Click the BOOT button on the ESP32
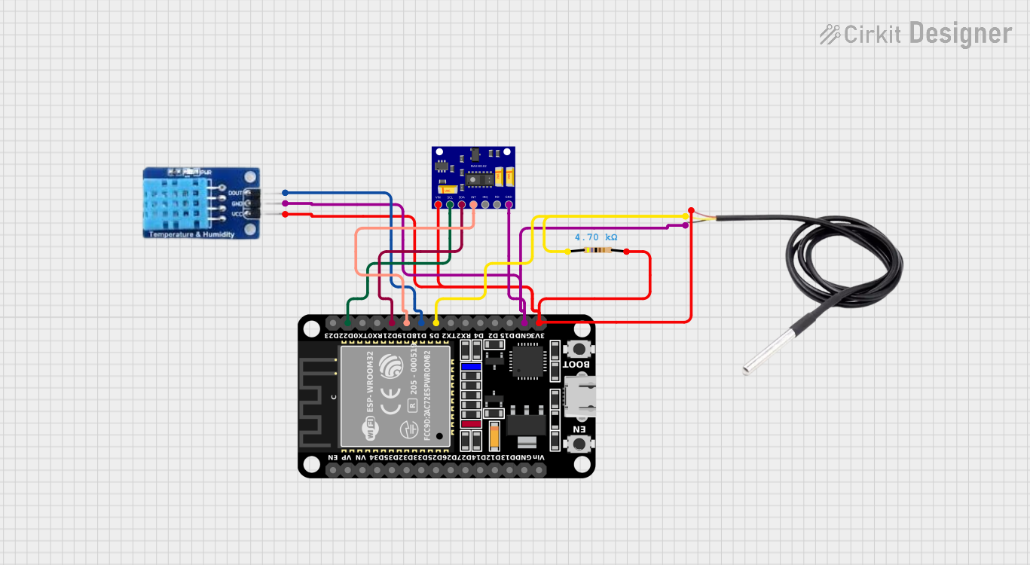pos(579,349)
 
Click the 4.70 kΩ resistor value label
pos(596,237)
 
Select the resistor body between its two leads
pos(598,251)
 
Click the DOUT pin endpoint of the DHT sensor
pos(285,193)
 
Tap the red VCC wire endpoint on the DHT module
pos(285,215)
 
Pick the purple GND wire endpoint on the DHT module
pos(285,203)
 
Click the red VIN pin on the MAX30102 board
pos(438,203)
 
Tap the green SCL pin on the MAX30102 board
pos(450,203)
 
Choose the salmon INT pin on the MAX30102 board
pos(474,203)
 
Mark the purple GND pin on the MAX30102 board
pos(509,203)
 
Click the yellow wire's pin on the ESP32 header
pos(436,323)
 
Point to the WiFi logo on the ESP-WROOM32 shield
pos(371,432)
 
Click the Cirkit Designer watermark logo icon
pos(830,34)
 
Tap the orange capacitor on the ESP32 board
pos(494,435)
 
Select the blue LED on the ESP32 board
pos(471,368)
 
